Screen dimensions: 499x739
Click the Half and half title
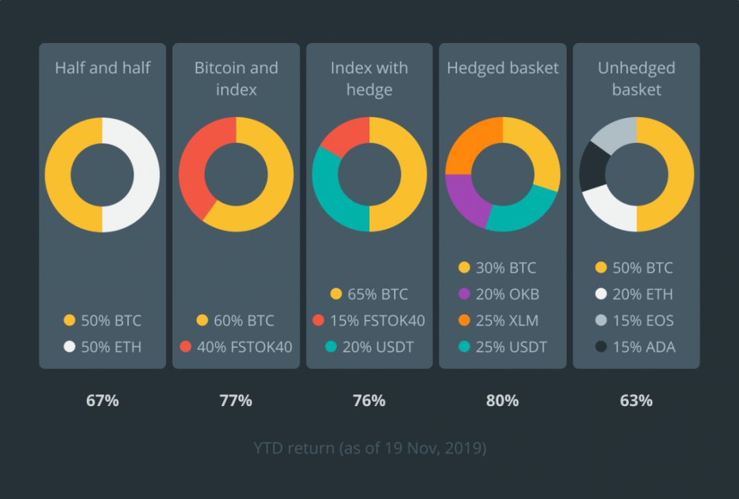(x=103, y=68)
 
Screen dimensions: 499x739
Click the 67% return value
(x=103, y=401)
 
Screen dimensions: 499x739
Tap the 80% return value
(x=502, y=401)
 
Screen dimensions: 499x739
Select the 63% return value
(x=636, y=401)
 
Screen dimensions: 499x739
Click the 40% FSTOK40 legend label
(x=244, y=347)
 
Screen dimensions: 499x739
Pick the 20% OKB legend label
(x=508, y=295)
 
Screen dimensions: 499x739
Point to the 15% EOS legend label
(x=643, y=321)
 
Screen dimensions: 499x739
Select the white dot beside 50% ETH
(x=69, y=347)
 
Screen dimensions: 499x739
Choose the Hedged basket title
(x=503, y=68)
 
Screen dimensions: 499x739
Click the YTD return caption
(x=369, y=448)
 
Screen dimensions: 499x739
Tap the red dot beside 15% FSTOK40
(x=317, y=321)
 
